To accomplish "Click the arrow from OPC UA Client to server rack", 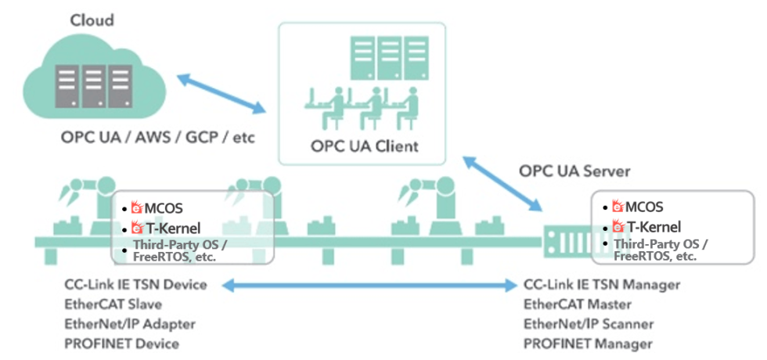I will [503, 184].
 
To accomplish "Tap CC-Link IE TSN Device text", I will [136, 284].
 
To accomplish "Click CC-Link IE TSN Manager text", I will [602, 284].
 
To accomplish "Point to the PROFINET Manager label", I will [588, 343].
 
